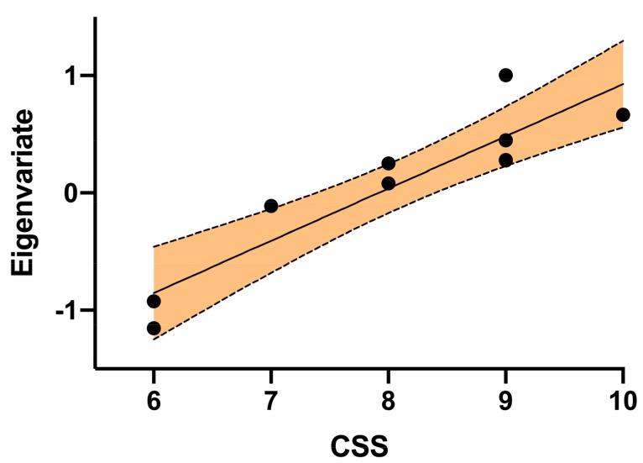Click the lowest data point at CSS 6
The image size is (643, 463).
154,328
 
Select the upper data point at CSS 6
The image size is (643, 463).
154,301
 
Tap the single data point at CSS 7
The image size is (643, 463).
270,206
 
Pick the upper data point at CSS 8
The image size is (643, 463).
388,163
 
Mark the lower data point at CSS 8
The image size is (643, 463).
388,183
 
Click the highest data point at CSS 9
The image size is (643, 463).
505,75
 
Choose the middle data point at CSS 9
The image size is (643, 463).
505,139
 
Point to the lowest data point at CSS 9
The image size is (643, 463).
505,160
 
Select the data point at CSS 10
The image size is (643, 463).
622,114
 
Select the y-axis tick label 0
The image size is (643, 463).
73,193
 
